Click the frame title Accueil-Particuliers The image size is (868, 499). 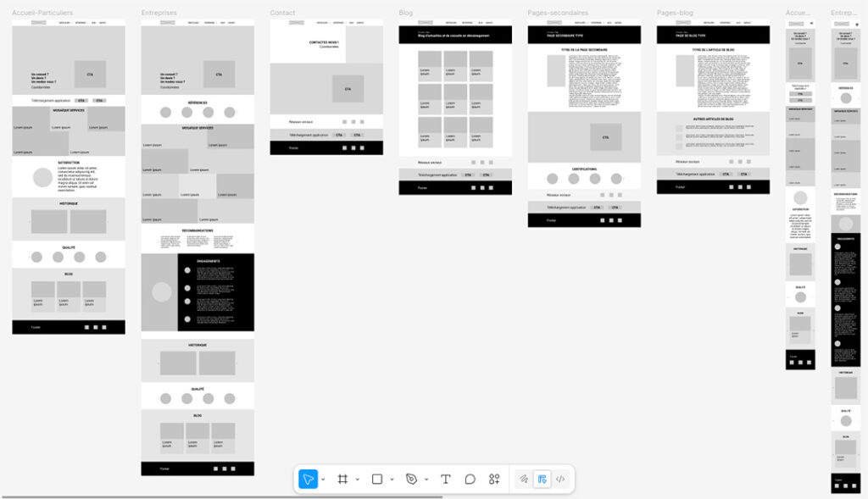pyautogui.click(x=42, y=13)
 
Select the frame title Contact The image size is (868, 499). pyautogui.click(x=282, y=13)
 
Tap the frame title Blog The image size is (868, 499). pyautogui.click(x=406, y=13)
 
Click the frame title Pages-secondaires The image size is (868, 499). pyautogui.click(x=558, y=13)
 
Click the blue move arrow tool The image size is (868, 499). pyautogui.click(x=308, y=480)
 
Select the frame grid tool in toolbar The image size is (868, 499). pyautogui.click(x=342, y=480)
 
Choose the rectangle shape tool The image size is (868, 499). pyautogui.click(x=377, y=480)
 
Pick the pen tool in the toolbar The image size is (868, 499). pyautogui.click(x=411, y=480)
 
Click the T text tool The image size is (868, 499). pyautogui.click(x=446, y=480)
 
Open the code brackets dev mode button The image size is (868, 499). pyautogui.click(x=560, y=480)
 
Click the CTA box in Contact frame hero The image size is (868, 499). pyautogui.click(x=348, y=89)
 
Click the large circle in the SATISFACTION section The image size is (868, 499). pyautogui.click(x=43, y=178)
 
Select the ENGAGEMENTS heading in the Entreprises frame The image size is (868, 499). pyautogui.click(x=209, y=261)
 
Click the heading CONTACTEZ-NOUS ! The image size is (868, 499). pyautogui.click(x=325, y=42)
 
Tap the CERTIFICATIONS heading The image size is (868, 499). pyautogui.click(x=584, y=169)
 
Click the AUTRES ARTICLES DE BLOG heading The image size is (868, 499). pyautogui.click(x=713, y=119)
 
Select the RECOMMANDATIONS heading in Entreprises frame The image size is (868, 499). pyautogui.click(x=198, y=230)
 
